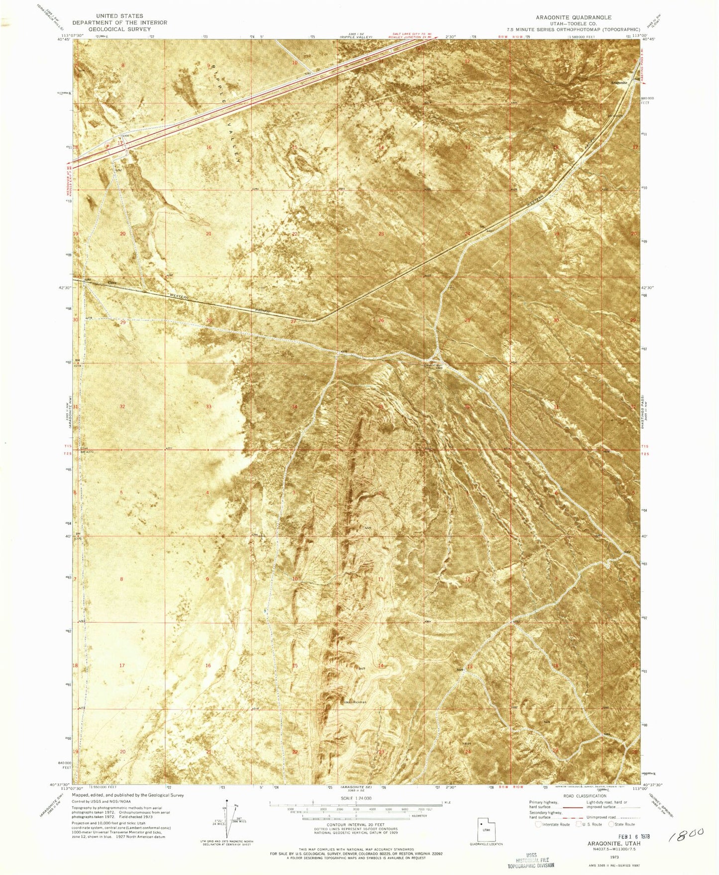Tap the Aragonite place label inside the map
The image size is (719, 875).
click(619, 82)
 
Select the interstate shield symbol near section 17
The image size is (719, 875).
click(108, 145)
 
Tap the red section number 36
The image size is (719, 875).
click(467, 407)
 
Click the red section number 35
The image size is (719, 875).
click(381, 407)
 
